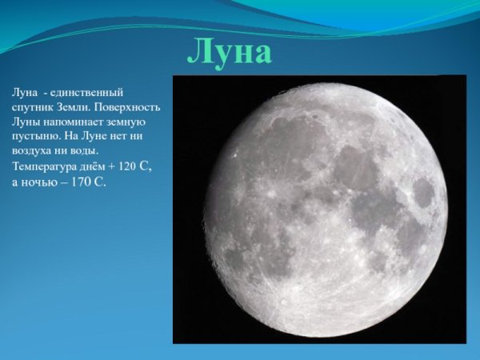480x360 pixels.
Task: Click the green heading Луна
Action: click(230, 53)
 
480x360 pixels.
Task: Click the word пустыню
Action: click(36, 136)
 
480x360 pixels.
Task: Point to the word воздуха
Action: click(34, 150)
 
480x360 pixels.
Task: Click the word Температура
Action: click(44, 166)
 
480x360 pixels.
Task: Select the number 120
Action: click(127, 166)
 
